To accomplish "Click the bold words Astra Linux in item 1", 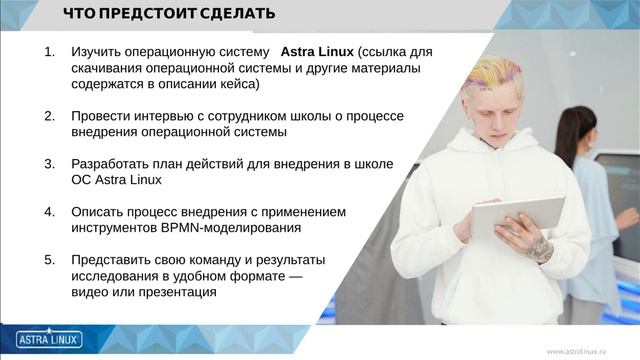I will pos(317,51).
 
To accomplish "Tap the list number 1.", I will pos(50,51).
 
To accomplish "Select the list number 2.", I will pos(50,116).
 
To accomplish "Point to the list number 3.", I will pos(50,164).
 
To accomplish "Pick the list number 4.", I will pos(50,212).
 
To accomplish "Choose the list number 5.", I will pos(50,260).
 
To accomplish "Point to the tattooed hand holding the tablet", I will pos(540,246).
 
